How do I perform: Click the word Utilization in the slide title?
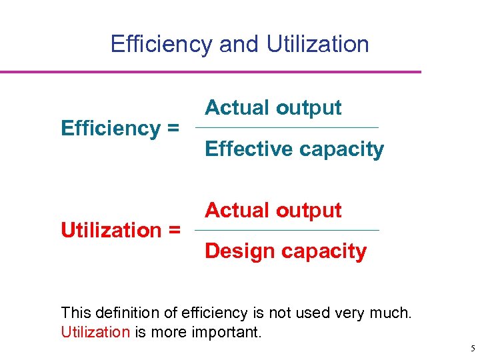[x=317, y=44]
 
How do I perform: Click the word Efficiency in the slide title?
[x=161, y=44]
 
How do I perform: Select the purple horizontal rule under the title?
[x=211, y=72]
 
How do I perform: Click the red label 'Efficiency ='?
[x=120, y=128]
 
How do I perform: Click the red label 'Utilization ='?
[x=121, y=231]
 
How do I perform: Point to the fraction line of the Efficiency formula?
[x=286, y=128]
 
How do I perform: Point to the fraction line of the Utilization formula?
[x=287, y=231]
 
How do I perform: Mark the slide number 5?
[x=472, y=348]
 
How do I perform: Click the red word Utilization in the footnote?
[x=95, y=332]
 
